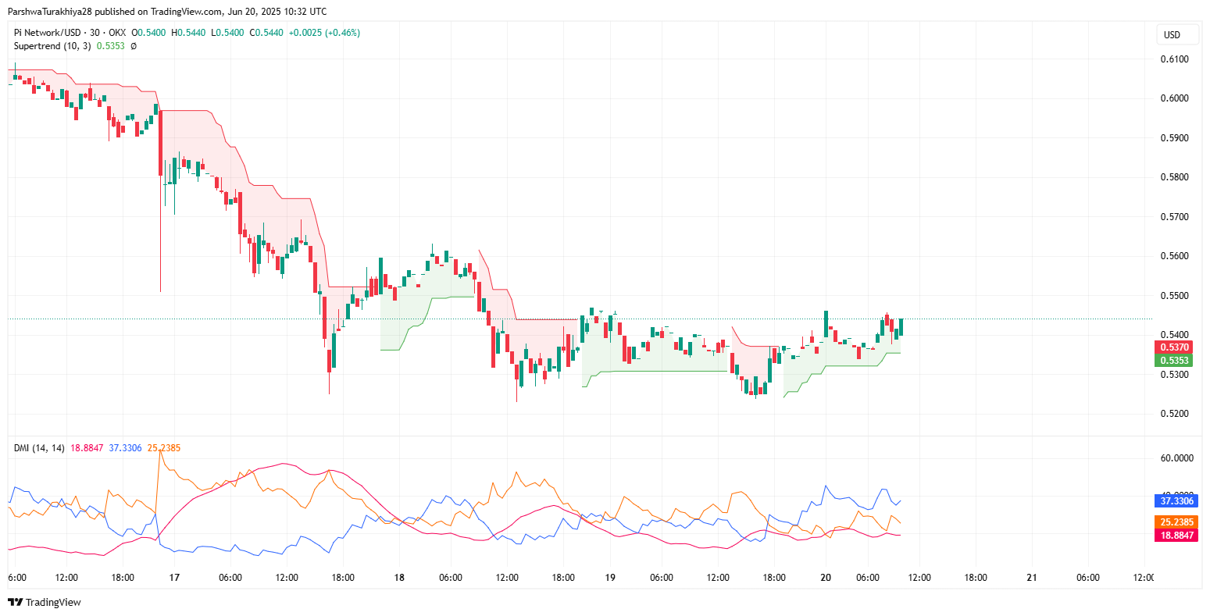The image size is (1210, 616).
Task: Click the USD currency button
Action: pos(1172,34)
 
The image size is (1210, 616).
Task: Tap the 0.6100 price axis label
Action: pos(1174,59)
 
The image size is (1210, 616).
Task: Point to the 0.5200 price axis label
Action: pos(1174,414)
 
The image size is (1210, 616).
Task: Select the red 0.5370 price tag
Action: pos(1174,347)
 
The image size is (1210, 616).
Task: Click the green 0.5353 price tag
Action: pos(1174,361)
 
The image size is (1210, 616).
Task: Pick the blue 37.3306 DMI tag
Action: pos(1174,501)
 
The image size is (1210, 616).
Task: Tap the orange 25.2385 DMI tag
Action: pos(1174,522)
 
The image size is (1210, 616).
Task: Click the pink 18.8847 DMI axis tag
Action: pos(1174,536)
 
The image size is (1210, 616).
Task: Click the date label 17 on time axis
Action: pos(174,578)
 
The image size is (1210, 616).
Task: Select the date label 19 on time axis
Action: pos(610,578)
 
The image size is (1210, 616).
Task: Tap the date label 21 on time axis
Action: pos(1032,578)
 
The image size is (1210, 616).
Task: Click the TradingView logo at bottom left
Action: pos(45,602)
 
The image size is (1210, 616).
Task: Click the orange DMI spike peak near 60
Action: pos(159,451)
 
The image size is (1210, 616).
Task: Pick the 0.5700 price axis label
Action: pos(1174,217)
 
